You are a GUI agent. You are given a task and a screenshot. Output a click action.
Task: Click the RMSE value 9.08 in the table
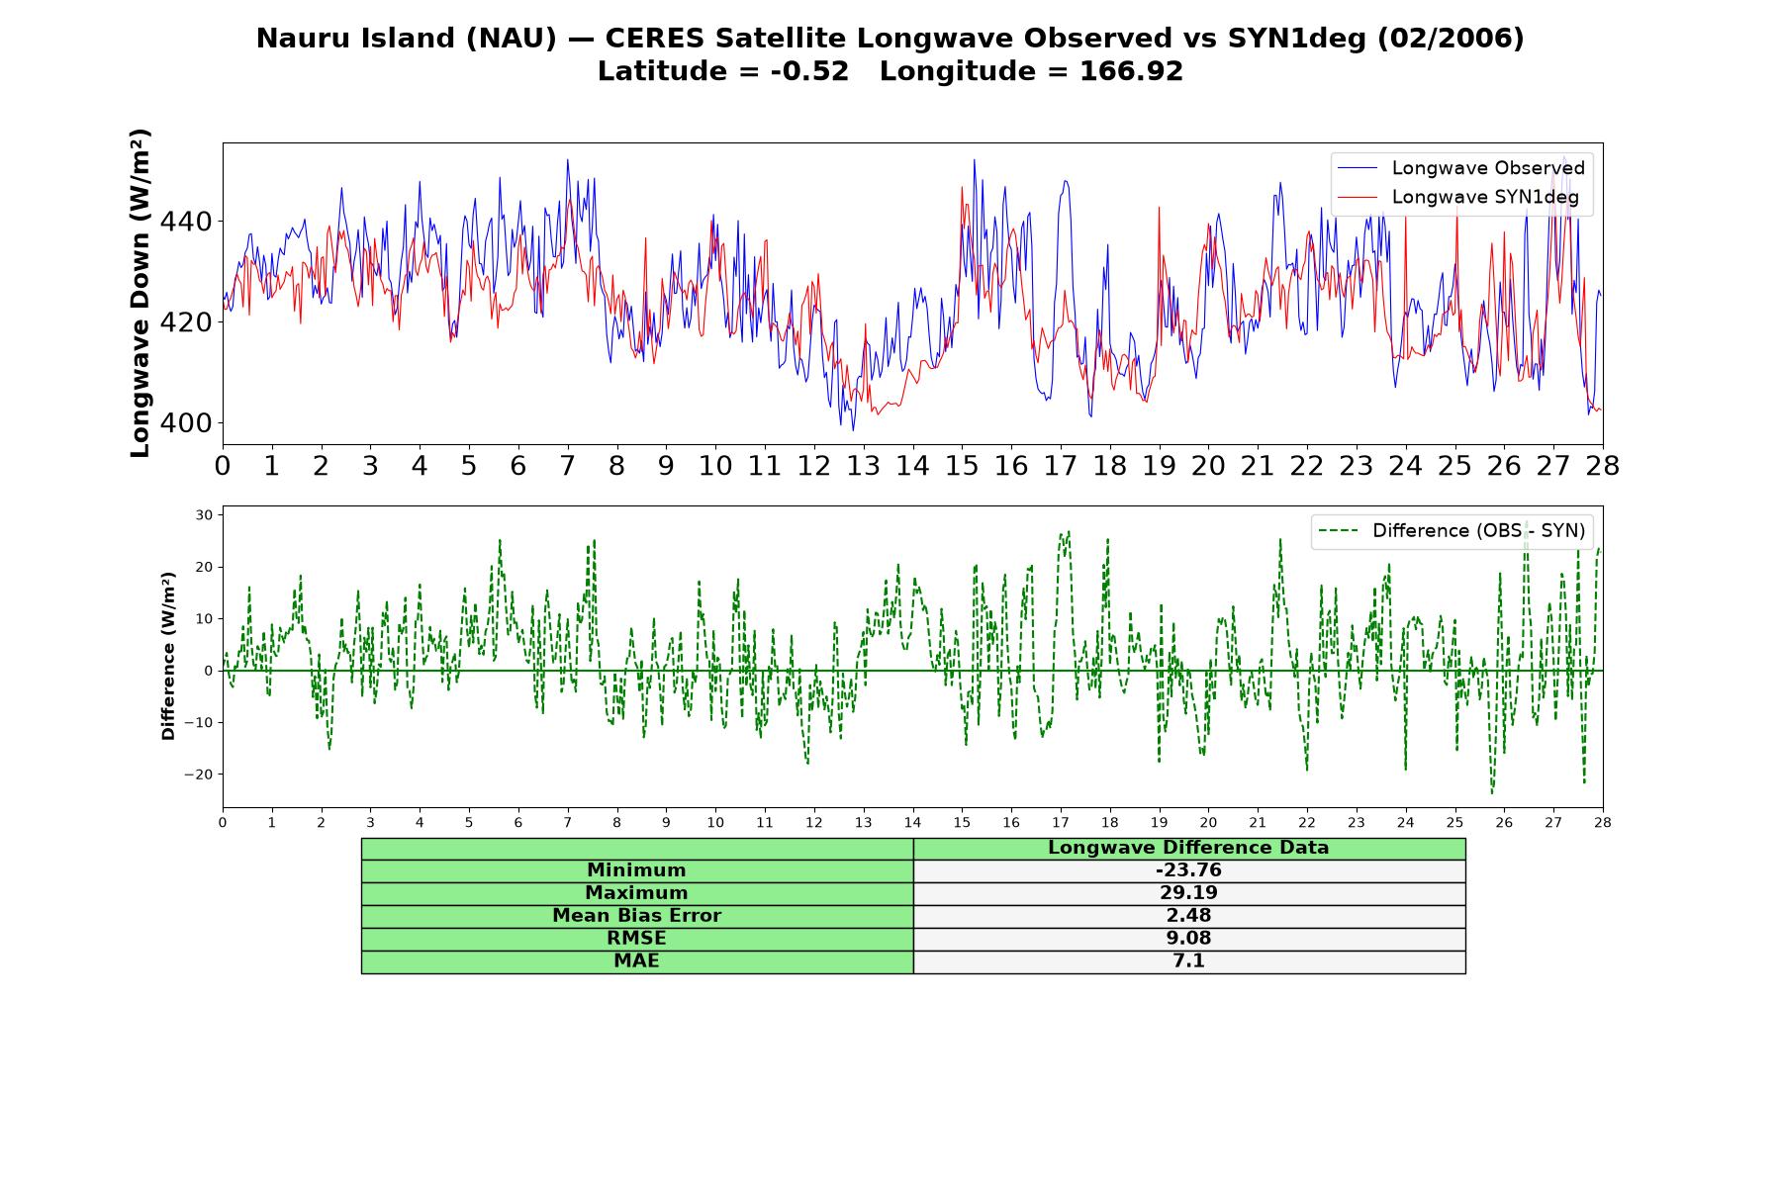click(1188, 939)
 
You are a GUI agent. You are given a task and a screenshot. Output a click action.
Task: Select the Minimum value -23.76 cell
click(1188, 870)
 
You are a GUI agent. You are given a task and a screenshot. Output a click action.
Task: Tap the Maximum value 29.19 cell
click(1188, 893)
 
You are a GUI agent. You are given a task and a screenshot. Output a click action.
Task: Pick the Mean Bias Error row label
click(636, 916)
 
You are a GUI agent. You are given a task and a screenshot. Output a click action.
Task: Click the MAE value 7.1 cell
click(1188, 961)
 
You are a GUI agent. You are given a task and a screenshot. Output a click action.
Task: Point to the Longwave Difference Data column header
click(1188, 848)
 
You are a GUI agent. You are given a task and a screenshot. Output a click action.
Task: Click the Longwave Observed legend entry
click(1460, 168)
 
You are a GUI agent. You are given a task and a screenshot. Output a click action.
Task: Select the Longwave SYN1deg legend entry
click(1457, 197)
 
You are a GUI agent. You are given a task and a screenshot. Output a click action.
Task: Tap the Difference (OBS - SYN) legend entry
click(1452, 531)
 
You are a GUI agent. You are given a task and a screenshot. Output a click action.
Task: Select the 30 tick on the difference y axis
click(205, 515)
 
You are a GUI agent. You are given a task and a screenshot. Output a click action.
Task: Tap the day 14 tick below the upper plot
click(912, 466)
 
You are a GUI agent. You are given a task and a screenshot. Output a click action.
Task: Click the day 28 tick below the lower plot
click(1602, 822)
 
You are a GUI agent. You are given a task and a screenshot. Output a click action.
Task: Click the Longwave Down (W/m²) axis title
click(141, 293)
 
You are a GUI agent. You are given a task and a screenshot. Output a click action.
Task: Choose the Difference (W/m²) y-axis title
click(168, 656)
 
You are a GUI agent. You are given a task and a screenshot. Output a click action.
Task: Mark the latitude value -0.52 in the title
click(809, 71)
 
